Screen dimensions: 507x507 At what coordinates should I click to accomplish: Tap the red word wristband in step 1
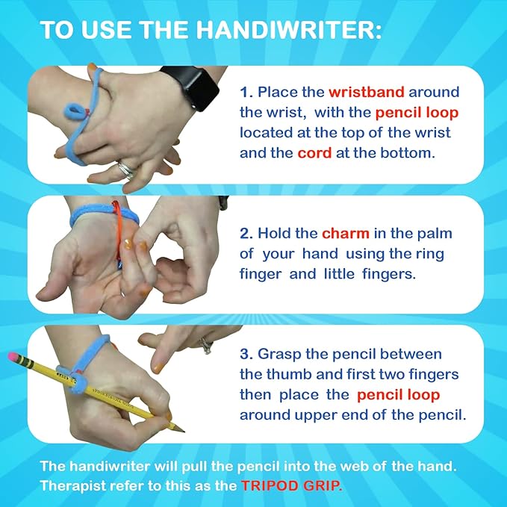[366, 93]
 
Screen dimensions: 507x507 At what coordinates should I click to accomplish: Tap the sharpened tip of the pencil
[181, 429]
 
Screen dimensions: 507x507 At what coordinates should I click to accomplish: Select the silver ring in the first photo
[127, 169]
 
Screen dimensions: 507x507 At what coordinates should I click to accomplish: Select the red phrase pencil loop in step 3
[398, 394]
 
